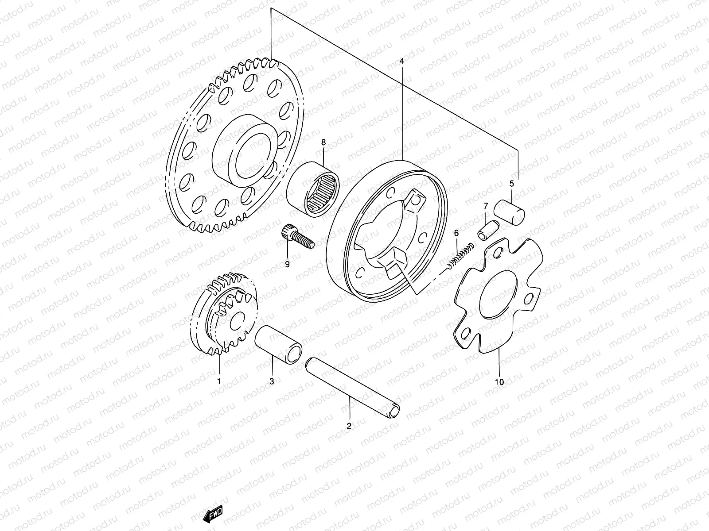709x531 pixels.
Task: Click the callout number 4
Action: [x=402, y=62]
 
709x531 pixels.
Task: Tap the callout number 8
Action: [x=323, y=142]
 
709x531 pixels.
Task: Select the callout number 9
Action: [x=287, y=264]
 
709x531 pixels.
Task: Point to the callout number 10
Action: [x=499, y=382]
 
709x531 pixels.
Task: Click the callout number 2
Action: [x=349, y=426]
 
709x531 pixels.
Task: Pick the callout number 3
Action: [x=272, y=381]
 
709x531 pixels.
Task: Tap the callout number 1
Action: [x=218, y=380]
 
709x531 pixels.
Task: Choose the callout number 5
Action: [x=511, y=183]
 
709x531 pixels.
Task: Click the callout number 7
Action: [x=486, y=206]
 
